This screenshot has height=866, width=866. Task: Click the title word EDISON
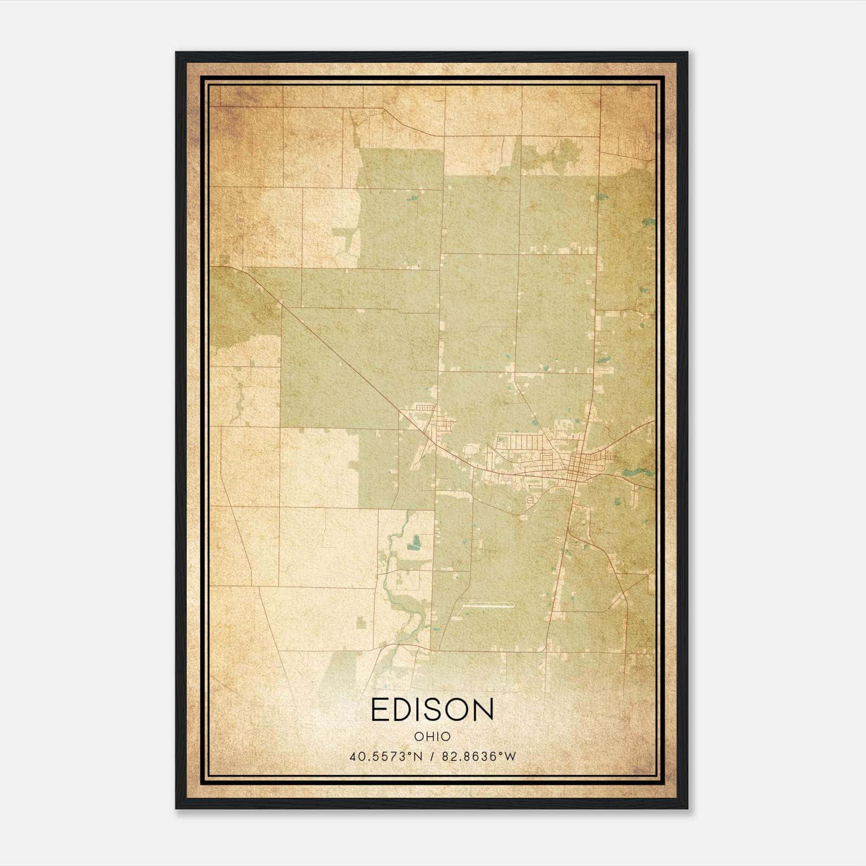pyautogui.click(x=432, y=710)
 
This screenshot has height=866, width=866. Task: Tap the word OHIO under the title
pyautogui.click(x=432, y=737)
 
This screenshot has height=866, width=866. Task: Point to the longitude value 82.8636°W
pyautogui.click(x=480, y=757)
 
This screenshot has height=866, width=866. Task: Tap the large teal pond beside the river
pyautogui.click(x=416, y=541)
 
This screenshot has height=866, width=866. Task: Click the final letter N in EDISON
pyautogui.click(x=483, y=710)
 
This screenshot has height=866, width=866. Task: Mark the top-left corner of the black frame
pyautogui.click(x=177, y=53)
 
